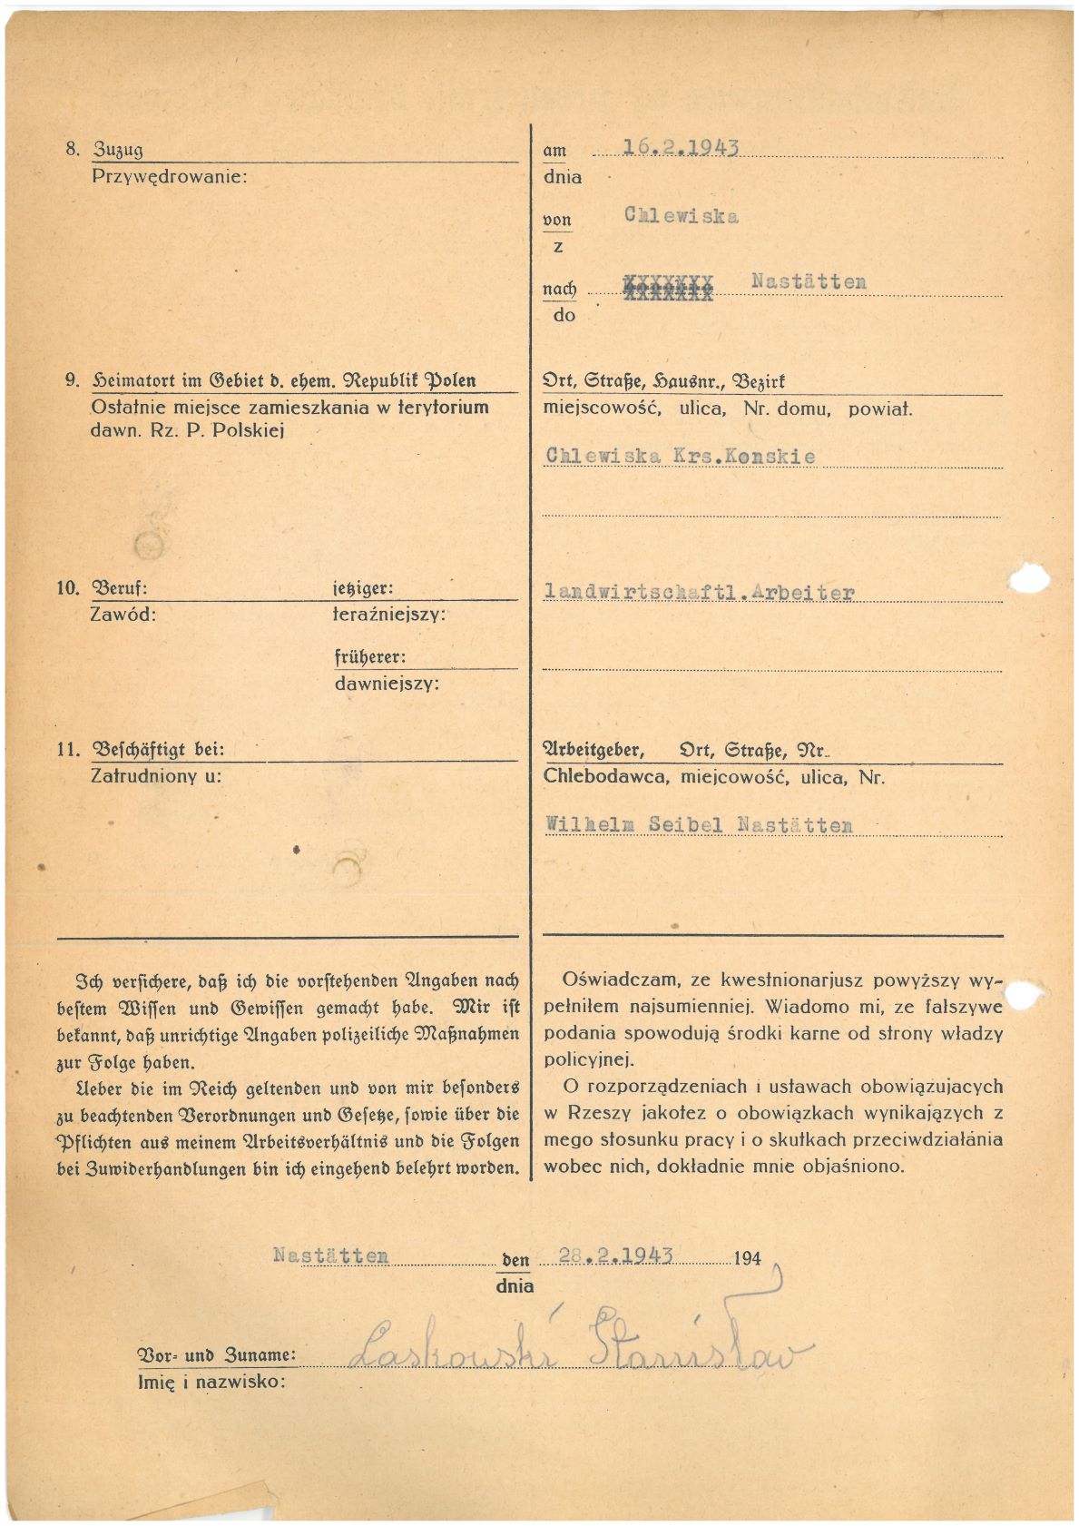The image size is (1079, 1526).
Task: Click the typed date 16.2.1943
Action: click(x=681, y=148)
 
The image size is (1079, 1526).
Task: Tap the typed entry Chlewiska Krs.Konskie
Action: click(x=681, y=456)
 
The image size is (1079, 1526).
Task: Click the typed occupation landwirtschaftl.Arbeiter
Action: click(x=699, y=593)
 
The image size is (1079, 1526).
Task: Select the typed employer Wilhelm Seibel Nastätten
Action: click(x=699, y=825)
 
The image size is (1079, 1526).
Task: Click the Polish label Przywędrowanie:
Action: click(x=169, y=176)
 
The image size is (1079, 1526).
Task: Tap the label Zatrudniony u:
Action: click(x=156, y=776)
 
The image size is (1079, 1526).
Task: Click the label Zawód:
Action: click(x=123, y=615)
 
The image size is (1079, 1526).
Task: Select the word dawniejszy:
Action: click(x=387, y=684)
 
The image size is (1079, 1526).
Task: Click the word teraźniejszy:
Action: click(x=389, y=615)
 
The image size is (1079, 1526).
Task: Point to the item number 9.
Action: click(x=72, y=381)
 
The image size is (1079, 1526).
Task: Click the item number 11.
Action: click(x=68, y=750)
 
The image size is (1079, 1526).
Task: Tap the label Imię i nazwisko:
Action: click(x=211, y=1383)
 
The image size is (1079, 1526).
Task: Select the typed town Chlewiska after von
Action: click(x=681, y=216)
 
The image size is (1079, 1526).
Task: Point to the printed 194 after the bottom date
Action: click(x=747, y=1259)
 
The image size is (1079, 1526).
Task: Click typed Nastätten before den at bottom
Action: click(x=330, y=1255)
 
